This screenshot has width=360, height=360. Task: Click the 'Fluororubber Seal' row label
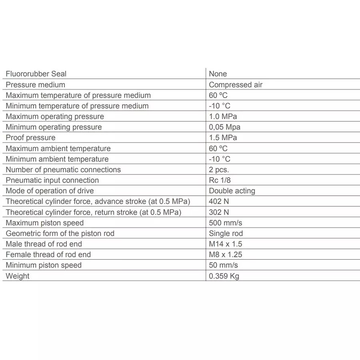36,74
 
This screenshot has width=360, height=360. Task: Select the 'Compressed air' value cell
236,85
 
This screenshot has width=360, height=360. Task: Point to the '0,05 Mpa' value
224,127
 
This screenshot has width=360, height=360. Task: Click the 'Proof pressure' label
30,138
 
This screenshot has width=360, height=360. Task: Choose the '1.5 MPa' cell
223,138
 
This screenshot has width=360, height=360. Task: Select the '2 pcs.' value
219,170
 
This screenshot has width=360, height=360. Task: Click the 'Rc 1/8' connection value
220,180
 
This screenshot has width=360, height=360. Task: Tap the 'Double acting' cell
232,191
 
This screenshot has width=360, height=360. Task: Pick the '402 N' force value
219,202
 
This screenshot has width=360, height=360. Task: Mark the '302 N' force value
219,212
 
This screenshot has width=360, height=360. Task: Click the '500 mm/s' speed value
225,223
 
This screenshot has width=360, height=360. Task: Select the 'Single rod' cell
226,234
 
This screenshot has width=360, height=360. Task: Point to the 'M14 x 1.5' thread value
225,244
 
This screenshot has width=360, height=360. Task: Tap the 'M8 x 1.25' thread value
225,254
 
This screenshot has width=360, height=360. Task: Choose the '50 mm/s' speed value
223,265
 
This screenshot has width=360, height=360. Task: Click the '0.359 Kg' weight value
224,276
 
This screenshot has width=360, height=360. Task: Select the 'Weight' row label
18,276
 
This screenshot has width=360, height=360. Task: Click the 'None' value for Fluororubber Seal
218,74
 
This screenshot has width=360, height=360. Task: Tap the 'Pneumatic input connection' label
52,180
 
